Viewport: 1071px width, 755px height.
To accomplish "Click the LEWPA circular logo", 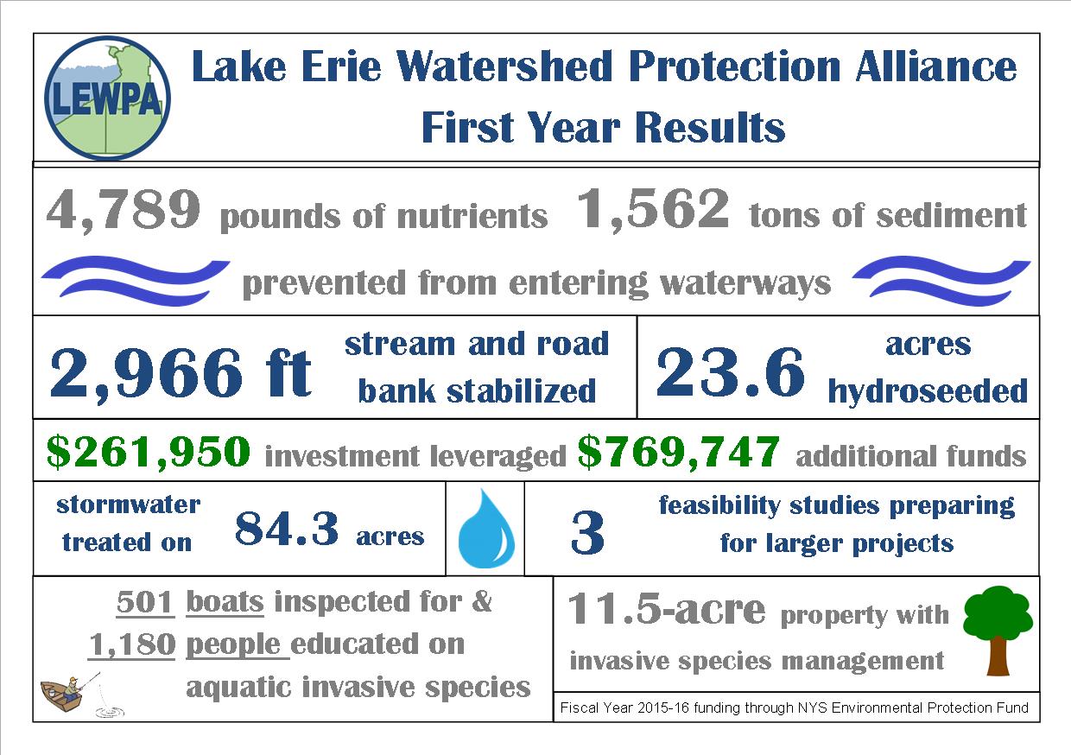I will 105,98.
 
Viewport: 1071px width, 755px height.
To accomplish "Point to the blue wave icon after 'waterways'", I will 941,279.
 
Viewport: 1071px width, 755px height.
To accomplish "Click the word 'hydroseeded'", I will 928,391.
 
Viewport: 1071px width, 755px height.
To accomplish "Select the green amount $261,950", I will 149,450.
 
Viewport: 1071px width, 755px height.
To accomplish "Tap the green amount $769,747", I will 679,450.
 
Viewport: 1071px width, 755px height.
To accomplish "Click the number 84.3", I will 287,529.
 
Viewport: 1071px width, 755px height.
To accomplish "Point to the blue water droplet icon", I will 485,529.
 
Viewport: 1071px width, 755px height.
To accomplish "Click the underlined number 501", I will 146,601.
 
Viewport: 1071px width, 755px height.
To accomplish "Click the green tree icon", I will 998,627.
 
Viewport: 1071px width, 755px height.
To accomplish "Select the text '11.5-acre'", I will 666,611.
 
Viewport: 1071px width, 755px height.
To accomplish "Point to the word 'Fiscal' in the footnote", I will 578,708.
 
